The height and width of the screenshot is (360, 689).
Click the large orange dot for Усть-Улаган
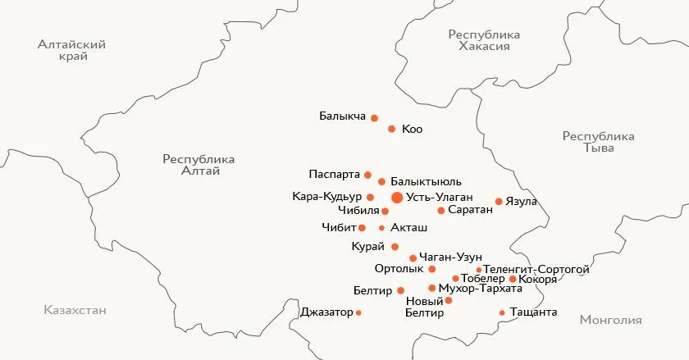(397, 198)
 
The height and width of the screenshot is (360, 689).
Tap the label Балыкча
(342, 116)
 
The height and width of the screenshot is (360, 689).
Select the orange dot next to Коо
(392, 129)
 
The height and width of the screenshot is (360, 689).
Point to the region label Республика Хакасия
(485, 40)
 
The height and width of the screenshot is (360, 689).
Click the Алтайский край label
(72, 50)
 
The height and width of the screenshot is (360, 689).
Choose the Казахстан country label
(75, 311)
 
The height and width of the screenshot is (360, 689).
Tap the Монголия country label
(610, 320)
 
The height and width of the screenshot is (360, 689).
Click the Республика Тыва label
(598, 142)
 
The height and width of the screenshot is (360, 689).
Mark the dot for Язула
(499, 201)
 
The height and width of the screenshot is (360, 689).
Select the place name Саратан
(471, 211)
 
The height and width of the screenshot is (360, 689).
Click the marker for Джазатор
(358, 312)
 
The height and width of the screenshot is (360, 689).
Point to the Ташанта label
(533, 312)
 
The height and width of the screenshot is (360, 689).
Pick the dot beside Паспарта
(367, 175)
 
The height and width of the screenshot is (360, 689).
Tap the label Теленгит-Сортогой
(536, 269)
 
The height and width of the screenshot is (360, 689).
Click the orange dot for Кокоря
(513, 280)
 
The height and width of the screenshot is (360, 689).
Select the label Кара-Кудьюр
(327, 197)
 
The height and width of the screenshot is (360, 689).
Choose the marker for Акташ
(381, 228)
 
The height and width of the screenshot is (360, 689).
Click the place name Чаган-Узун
(450, 257)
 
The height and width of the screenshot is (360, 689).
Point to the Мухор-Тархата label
(481, 289)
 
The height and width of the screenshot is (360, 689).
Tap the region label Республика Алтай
(198, 165)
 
